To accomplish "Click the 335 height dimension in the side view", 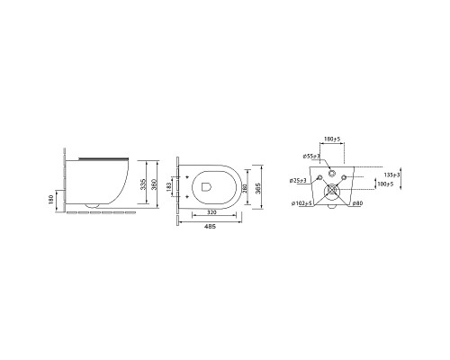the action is [143, 184].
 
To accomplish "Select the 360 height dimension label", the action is [154, 184].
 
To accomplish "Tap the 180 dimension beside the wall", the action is [50, 200].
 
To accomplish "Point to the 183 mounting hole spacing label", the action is [169, 187].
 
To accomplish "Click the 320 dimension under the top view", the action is [211, 212].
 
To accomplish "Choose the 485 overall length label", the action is [210, 227].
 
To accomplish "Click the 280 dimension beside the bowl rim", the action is [245, 188].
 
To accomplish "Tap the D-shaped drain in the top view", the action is [206, 186].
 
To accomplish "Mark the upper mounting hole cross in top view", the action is [187, 176].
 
